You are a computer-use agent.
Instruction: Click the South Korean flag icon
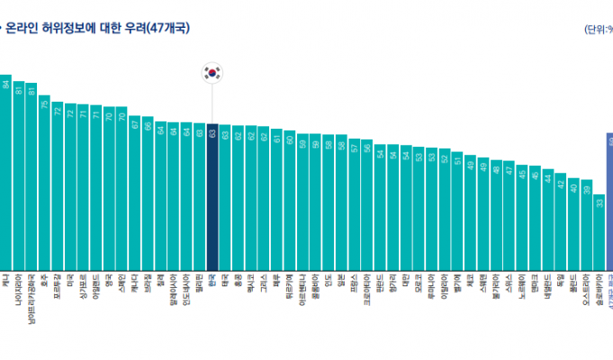(x=212, y=73)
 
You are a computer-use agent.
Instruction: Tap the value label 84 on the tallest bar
(x=5, y=84)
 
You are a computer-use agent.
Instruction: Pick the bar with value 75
(x=44, y=180)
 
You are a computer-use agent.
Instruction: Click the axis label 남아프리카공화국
(x=32, y=297)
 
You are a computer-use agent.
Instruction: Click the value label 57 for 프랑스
(x=355, y=147)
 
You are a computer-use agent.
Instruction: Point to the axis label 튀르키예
(x=290, y=284)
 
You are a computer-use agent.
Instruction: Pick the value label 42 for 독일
(x=561, y=184)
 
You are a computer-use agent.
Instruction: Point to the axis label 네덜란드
(x=547, y=286)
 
